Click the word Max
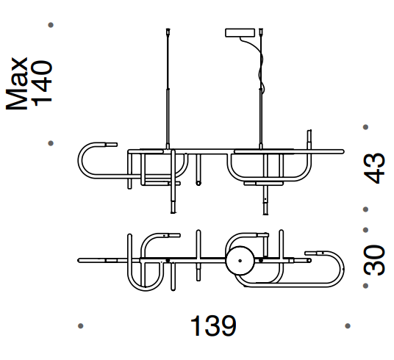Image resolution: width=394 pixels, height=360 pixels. click(x=20, y=83)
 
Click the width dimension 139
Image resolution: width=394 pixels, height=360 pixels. click(x=213, y=325)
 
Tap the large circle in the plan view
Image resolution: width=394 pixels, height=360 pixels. click(x=239, y=260)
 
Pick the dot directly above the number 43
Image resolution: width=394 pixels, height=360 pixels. click(x=365, y=126)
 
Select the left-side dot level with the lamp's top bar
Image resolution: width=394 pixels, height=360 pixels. click(x=50, y=144)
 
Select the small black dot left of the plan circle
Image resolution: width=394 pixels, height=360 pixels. click(x=168, y=259)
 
